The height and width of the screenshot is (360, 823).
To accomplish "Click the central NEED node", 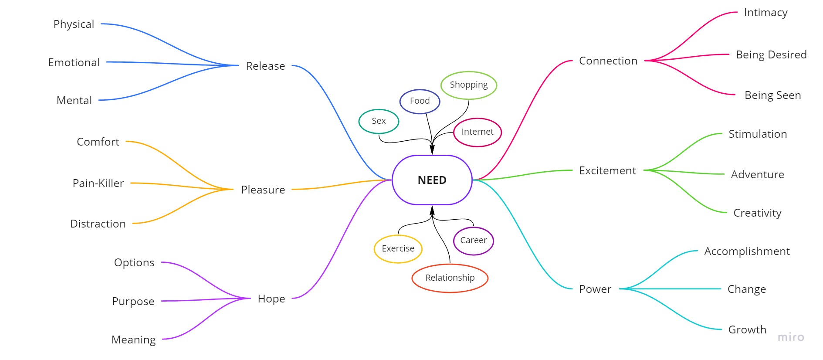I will [432, 180].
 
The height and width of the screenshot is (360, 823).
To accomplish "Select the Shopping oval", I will [468, 85].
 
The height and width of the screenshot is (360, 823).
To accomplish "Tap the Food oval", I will [420, 101].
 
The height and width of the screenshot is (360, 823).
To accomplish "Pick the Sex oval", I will [379, 121].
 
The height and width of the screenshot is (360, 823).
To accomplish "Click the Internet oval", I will [477, 132].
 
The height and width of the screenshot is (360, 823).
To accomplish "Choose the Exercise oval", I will [398, 249].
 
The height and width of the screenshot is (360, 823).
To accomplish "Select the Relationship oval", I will [450, 278].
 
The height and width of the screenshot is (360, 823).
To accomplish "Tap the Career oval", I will [473, 241].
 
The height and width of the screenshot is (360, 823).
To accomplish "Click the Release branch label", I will [265, 66].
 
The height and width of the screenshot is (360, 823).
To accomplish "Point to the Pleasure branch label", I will [263, 190].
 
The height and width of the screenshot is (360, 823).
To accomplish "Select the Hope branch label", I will [271, 299].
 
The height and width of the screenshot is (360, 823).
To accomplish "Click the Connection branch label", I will [608, 61].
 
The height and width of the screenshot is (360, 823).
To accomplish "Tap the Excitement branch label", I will [607, 171].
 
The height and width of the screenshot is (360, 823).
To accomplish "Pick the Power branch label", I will [595, 289].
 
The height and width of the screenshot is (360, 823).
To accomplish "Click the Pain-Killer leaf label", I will [98, 183].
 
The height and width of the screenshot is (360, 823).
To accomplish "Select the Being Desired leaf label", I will [771, 55].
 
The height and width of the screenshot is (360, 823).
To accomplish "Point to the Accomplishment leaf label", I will [746, 251].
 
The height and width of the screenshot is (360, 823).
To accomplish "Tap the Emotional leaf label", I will [74, 63].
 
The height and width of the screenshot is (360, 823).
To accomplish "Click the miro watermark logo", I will [790, 337].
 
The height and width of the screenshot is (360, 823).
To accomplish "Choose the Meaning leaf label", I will [133, 340].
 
